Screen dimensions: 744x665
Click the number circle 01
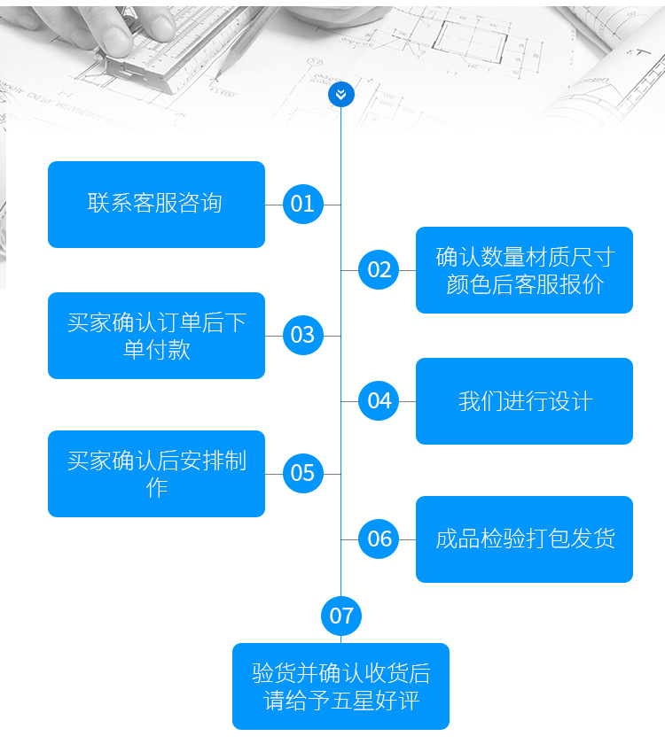pyautogui.click(x=302, y=205)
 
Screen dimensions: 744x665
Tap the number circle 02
pyautogui.click(x=379, y=270)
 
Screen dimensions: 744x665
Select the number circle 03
pyautogui.click(x=302, y=336)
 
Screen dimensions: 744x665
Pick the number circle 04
pyautogui.click(x=379, y=401)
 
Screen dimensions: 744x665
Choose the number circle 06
pyautogui.click(x=379, y=539)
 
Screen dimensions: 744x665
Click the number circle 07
pyautogui.click(x=341, y=616)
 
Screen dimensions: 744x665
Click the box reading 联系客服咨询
pyautogui.click(x=156, y=205)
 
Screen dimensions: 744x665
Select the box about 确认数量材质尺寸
pyautogui.click(x=524, y=270)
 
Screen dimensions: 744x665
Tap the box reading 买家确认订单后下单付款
pyautogui.click(x=156, y=336)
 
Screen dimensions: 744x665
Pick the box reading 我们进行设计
pyautogui.click(x=524, y=401)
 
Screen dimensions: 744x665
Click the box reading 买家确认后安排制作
pyautogui.click(x=156, y=474)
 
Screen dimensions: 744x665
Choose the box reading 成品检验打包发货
pyautogui.click(x=524, y=539)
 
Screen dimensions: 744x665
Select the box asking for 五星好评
pyautogui.click(x=340, y=686)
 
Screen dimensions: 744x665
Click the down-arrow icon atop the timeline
pyautogui.click(x=341, y=93)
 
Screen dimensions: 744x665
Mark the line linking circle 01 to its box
pyautogui.click(x=273, y=205)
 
